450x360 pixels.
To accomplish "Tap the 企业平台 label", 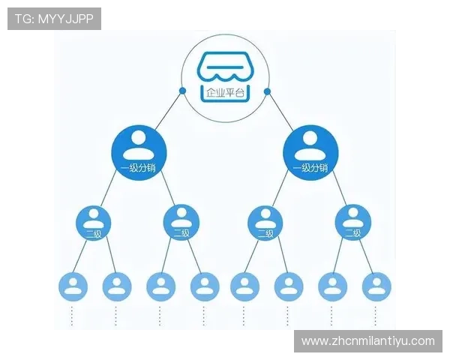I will (x=225, y=93).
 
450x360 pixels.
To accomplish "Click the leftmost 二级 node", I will (x=94, y=223).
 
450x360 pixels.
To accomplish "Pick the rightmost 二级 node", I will (x=353, y=223).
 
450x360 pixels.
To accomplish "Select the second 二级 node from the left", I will (x=181, y=223).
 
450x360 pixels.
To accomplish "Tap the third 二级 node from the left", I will (x=265, y=223).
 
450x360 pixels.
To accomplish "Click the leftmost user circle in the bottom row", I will (x=73, y=286).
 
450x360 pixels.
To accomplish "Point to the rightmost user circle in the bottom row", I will (x=376, y=286).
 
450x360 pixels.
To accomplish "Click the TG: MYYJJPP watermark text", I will (x=54, y=19).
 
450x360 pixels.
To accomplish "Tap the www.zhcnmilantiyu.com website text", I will (x=367, y=341).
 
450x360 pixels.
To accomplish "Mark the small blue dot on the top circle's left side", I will (x=182, y=91).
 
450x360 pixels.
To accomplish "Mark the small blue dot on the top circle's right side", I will (x=268, y=91).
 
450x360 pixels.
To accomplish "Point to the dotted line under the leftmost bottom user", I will (x=73, y=315).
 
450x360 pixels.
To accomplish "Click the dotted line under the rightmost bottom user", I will (x=376, y=315).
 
